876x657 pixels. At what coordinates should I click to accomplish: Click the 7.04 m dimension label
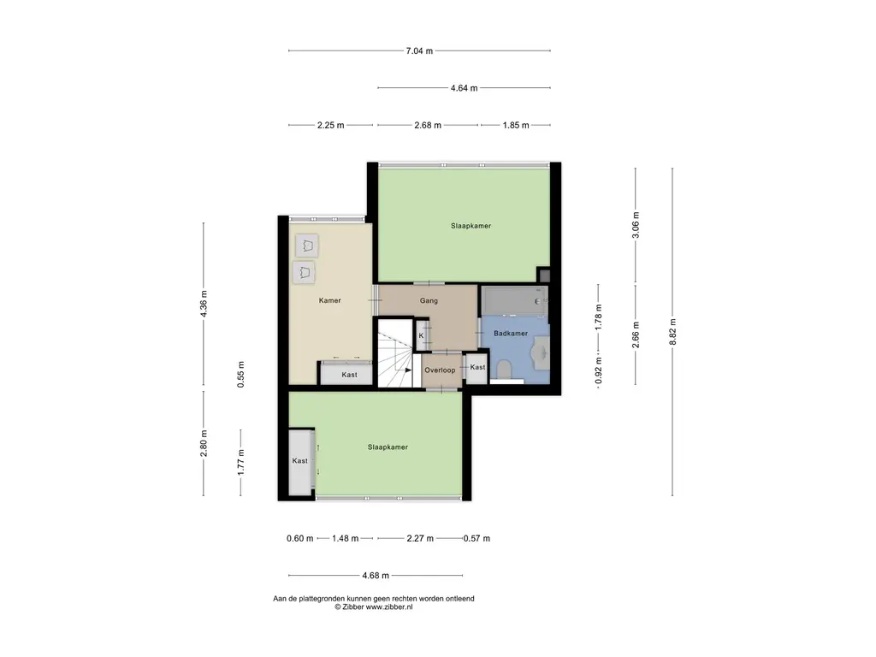[419, 50]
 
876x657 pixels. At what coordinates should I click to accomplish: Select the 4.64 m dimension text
[464, 88]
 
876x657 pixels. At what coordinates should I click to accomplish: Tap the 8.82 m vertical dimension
[672, 332]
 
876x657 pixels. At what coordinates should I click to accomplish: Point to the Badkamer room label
[511, 334]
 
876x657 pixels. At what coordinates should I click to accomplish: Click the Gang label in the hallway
[429, 300]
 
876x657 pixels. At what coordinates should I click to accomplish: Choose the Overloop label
[440, 370]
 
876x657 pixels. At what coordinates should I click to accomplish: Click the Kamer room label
[329, 300]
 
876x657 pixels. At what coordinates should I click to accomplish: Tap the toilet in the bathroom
[505, 369]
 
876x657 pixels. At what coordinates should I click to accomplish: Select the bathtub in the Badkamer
[514, 302]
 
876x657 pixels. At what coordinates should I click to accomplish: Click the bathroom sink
[541, 352]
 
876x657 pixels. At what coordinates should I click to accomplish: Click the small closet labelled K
[421, 335]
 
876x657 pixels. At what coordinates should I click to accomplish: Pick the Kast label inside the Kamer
[349, 375]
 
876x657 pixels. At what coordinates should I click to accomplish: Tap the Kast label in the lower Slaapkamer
[299, 461]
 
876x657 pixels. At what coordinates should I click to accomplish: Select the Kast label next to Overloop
[477, 367]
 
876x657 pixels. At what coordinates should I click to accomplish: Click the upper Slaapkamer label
[471, 226]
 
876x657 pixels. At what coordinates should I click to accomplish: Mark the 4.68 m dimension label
[376, 576]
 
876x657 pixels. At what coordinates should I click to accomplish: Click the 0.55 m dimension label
[240, 375]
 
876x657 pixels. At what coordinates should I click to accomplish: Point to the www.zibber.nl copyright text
[389, 607]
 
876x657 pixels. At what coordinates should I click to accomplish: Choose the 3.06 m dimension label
[636, 225]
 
